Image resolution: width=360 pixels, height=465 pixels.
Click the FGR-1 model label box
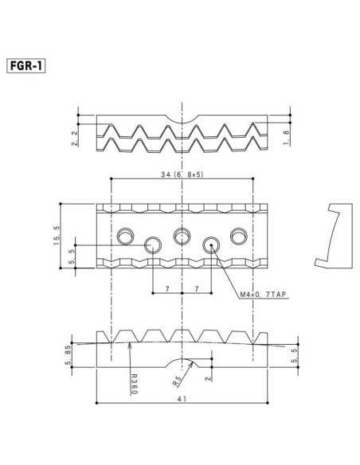(x=25, y=65)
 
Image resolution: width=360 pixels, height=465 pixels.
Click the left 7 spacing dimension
(x=167, y=290)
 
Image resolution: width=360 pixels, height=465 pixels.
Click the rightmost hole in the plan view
(x=240, y=236)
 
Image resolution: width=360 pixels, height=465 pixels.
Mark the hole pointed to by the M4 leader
(x=211, y=244)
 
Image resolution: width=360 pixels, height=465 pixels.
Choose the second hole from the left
(x=153, y=244)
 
